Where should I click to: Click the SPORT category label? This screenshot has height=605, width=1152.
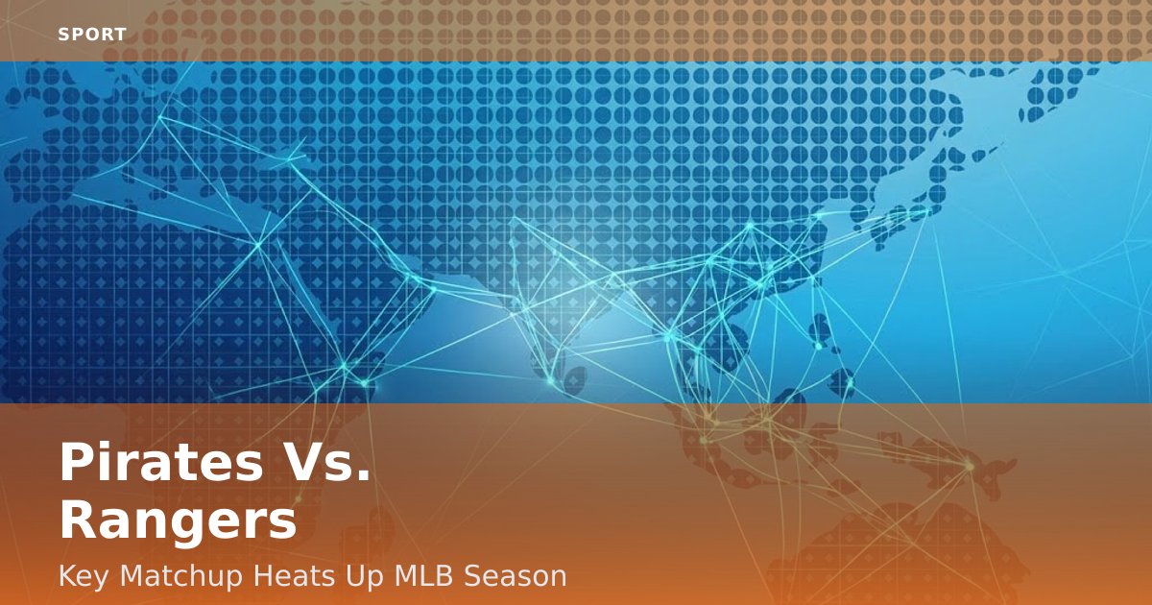(x=92, y=35)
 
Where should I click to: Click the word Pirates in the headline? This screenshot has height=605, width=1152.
(x=157, y=463)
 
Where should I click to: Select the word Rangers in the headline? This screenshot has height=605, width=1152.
(x=178, y=521)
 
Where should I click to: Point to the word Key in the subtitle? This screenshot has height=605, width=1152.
(x=82, y=576)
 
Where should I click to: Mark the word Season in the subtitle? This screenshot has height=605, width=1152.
(x=516, y=576)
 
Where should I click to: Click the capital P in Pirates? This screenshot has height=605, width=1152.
(x=77, y=463)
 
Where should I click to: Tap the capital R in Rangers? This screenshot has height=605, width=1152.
(x=79, y=521)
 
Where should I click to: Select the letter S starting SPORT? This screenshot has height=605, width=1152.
(x=63, y=35)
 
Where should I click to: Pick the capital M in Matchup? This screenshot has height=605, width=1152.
(x=130, y=576)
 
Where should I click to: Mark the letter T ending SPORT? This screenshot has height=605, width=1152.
(x=121, y=35)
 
